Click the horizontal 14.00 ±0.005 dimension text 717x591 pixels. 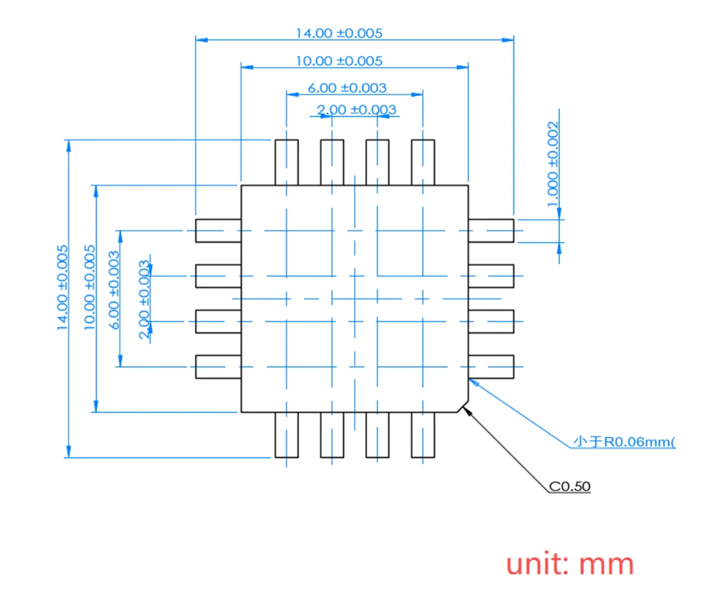point(339,33)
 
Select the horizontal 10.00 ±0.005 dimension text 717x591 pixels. point(339,62)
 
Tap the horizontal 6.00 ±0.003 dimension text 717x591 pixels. point(347,88)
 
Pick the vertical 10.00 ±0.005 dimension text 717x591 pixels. point(90,287)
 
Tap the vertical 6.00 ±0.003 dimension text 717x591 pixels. point(115,289)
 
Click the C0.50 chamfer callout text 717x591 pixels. point(570,486)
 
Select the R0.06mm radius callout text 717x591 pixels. point(624,442)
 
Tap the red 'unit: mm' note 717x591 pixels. point(570,564)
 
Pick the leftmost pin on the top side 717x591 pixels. point(287,162)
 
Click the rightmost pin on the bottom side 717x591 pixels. point(423,435)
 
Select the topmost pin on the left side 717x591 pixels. point(218,231)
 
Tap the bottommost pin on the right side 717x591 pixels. point(491,366)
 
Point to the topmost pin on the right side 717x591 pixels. point(491,231)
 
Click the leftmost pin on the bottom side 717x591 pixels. point(287,435)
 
